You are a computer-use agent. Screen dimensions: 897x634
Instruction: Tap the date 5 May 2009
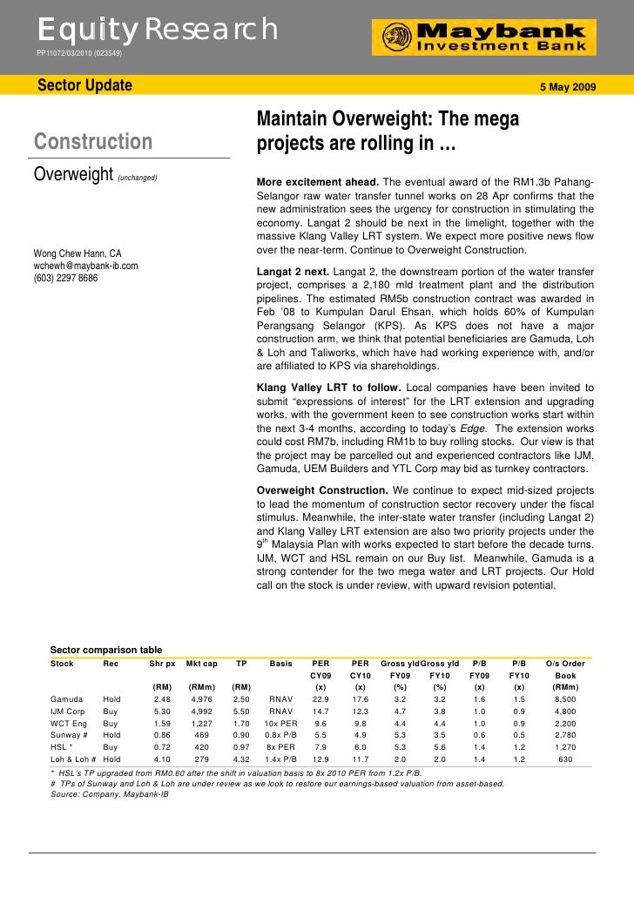tap(570, 87)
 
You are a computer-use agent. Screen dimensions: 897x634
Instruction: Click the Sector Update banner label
tap(84, 85)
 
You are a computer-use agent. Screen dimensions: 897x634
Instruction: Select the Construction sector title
tap(92, 141)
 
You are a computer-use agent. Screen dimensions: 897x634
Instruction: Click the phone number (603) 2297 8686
tap(66, 278)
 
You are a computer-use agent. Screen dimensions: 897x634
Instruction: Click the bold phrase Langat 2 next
tap(292, 273)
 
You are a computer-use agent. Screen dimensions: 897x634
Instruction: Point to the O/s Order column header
tap(565, 664)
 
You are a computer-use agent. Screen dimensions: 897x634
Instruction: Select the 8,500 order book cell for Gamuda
tap(565, 698)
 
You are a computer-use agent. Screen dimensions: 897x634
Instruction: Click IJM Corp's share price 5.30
tap(162, 711)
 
